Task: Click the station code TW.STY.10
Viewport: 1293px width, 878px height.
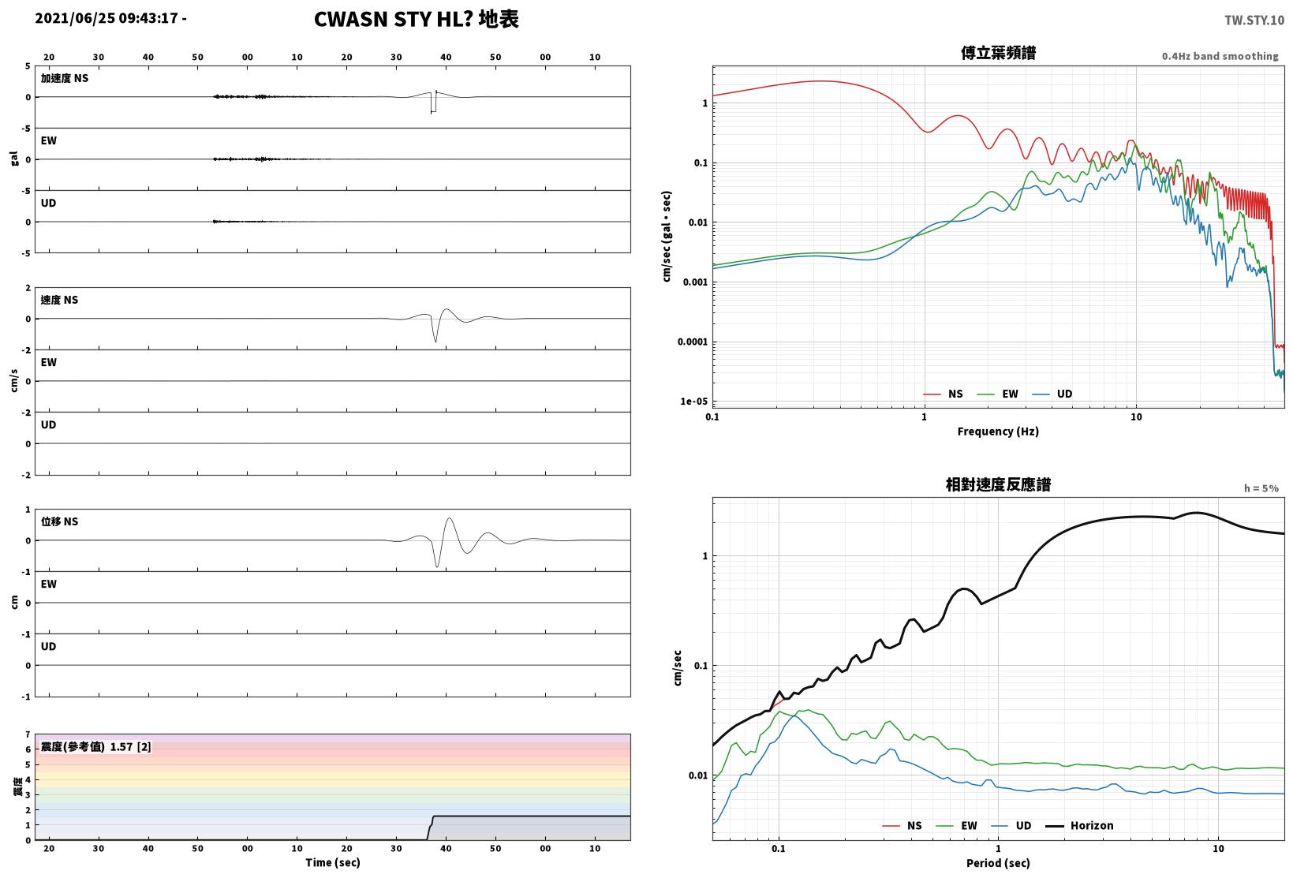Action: tap(1254, 21)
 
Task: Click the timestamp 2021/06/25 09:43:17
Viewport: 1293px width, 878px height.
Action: tap(107, 18)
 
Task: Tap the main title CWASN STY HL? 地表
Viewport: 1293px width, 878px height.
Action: tap(417, 19)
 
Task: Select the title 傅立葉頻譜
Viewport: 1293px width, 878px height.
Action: tap(998, 53)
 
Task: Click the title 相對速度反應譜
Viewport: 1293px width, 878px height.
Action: tap(998, 485)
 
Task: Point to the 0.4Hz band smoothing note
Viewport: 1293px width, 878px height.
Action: tap(1220, 56)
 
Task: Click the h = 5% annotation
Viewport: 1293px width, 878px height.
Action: tap(1261, 488)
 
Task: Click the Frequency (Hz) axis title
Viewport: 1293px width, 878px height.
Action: tap(998, 432)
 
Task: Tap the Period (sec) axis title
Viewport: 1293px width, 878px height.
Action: tap(998, 863)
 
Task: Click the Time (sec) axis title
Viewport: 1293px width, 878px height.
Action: tap(332, 862)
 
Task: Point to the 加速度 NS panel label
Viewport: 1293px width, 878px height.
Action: tap(65, 78)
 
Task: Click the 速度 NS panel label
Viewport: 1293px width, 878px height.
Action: tap(59, 300)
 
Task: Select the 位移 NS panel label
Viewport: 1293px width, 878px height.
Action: tap(59, 521)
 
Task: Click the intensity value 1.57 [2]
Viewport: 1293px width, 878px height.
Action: tap(130, 746)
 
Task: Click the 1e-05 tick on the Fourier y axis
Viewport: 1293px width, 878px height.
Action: tap(693, 402)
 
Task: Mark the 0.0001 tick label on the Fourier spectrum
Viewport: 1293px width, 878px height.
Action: tap(693, 342)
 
